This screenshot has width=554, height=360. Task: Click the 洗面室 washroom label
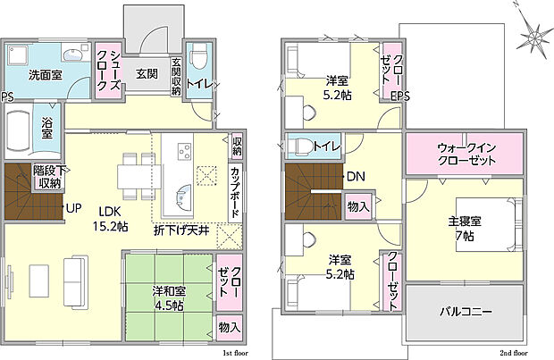(46, 75)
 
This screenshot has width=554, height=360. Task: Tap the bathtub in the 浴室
(19, 131)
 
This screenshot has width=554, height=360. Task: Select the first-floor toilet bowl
(197, 59)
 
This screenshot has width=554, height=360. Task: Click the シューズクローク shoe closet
(109, 70)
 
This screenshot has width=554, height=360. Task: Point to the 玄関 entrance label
(147, 74)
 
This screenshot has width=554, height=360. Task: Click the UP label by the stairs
(74, 208)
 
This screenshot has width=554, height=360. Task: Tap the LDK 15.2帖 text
(110, 219)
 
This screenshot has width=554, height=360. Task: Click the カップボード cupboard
(235, 192)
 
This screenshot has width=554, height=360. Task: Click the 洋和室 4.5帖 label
(169, 298)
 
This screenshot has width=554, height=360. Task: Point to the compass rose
(535, 36)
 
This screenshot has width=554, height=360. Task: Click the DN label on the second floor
(356, 176)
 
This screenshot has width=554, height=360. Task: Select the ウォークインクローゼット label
(466, 154)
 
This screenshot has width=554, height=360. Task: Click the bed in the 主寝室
(489, 225)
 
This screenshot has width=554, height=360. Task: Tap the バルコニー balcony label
(466, 312)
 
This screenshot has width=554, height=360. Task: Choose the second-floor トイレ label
(327, 147)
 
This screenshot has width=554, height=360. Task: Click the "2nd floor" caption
(514, 353)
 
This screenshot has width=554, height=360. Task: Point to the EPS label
(400, 96)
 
